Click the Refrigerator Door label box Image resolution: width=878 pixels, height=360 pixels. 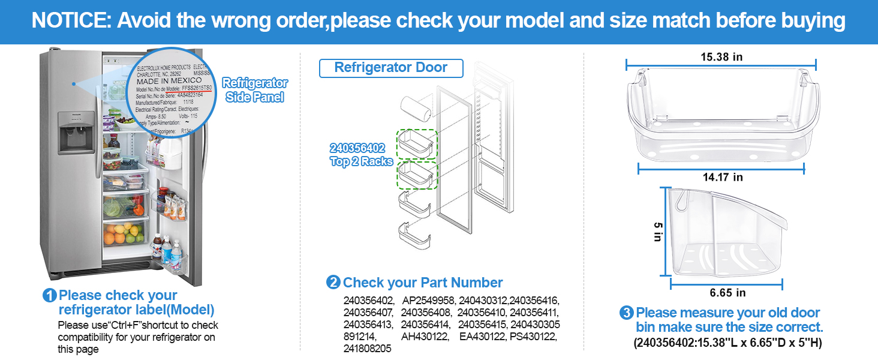[390, 68]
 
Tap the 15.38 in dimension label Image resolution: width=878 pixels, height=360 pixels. [721, 57]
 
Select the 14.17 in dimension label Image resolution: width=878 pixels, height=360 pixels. [721, 177]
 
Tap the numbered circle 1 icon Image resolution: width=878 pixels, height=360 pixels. [50, 296]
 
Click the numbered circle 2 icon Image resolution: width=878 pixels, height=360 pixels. [333, 283]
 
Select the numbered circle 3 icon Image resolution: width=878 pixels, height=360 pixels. [626, 313]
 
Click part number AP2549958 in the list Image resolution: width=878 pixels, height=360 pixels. [429, 301]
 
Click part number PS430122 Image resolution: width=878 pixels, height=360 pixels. [533, 337]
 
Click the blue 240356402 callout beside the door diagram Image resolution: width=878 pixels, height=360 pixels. [357, 148]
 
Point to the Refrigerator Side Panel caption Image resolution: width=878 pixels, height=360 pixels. [255, 90]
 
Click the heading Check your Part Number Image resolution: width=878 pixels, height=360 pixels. [423, 283]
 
